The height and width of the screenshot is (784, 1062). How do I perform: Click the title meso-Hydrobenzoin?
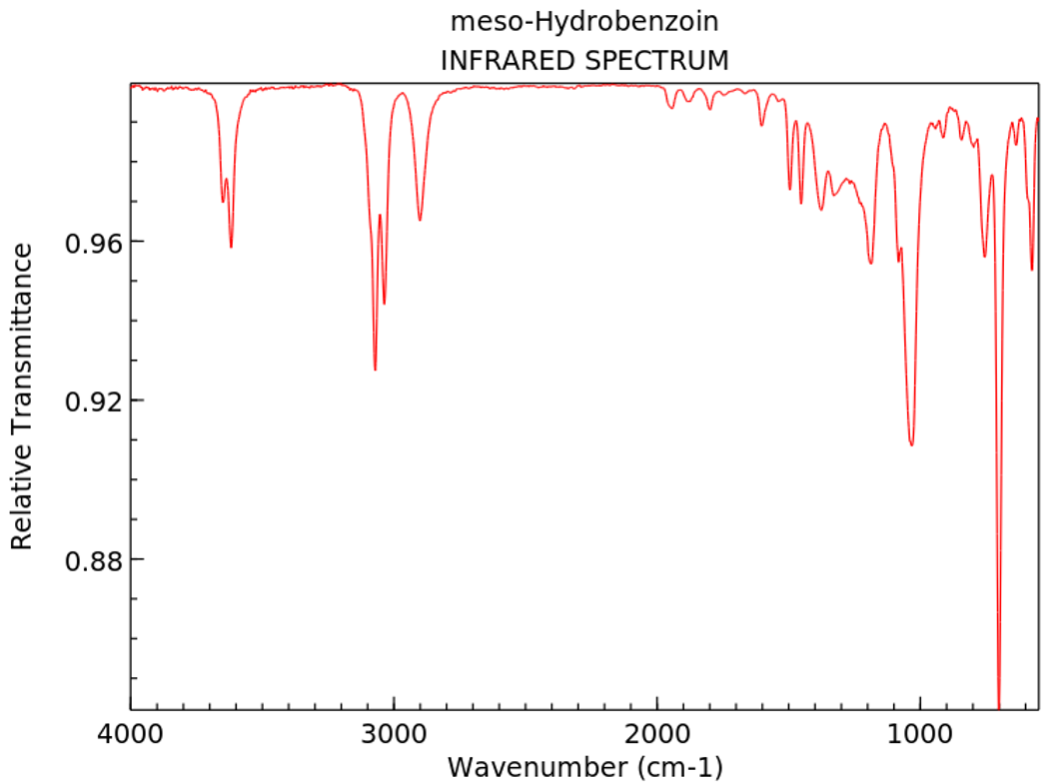pyautogui.click(x=584, y=20)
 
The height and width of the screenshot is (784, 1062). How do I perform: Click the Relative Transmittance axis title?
pyautogui.click(x=22, y=396)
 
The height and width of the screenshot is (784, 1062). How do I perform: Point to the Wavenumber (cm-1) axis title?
pyautogui.click(x=584, y=768)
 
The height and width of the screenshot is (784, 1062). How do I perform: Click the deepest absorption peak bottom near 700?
pyautogui.click(x=998, y=705)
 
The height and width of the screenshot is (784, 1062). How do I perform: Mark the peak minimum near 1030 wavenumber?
pyautogui.click(x=911, y=444)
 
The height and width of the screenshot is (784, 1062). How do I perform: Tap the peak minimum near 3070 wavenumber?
pyautogui.click(x=375, y=370)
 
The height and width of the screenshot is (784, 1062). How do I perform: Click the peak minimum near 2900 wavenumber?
pyautogui.click(x=420, y=221)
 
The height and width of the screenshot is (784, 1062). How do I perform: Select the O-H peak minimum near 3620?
pyautogui.click(x=231, y=247)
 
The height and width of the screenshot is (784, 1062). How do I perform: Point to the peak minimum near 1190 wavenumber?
pyautogui.click(x=870, y=263)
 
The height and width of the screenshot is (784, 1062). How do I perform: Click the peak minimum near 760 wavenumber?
pyautogui.click(x=984, y=257)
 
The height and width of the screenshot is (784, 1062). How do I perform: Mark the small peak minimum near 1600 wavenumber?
pyautogui.click(x=761, y=125)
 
